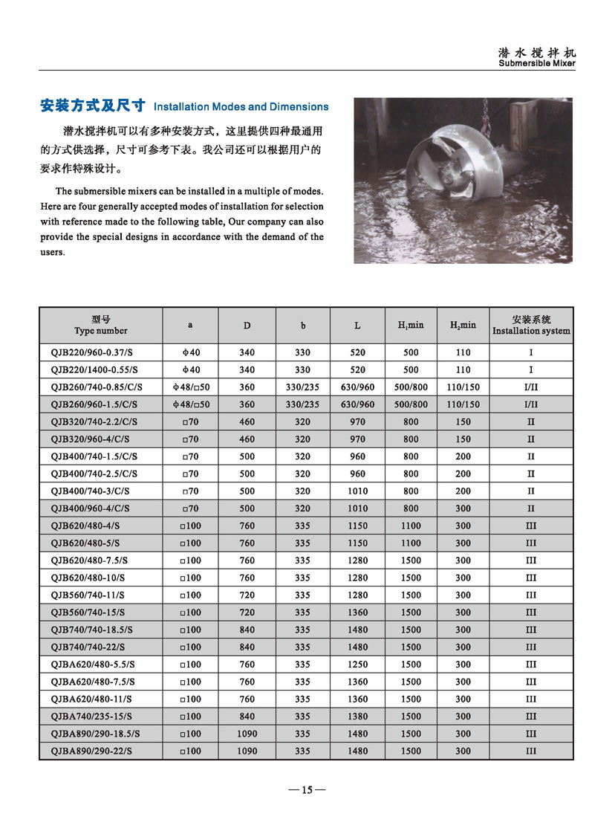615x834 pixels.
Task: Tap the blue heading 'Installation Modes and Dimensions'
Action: [x=241, y=107]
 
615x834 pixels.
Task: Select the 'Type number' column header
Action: [x=101, y=326]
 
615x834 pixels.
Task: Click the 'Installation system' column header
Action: [x=531, y=326]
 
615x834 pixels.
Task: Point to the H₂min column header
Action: [x=463, y=326]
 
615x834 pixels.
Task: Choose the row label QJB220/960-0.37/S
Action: [x=94, y=352]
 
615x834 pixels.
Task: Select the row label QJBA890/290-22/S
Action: [x=91, y=751]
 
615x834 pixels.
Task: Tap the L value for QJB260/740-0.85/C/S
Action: [x=357, y=387]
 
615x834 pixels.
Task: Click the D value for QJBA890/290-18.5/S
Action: [x=247, y=734]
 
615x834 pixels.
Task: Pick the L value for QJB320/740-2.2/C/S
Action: [x=357, y=422]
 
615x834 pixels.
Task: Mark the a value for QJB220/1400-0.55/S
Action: [x=190, y=369]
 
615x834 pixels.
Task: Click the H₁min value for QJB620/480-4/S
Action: [x=411, y=526]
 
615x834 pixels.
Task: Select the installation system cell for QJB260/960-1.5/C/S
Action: [x=531, y=404]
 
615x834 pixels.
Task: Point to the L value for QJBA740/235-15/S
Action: [x=357, y=717]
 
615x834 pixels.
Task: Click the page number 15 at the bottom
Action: [x=307, y=790]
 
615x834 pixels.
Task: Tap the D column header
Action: [x=247, y=326]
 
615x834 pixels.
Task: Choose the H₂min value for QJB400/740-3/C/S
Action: [x=463, y=491]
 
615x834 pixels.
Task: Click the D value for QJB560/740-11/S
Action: [x=247, y=595]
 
